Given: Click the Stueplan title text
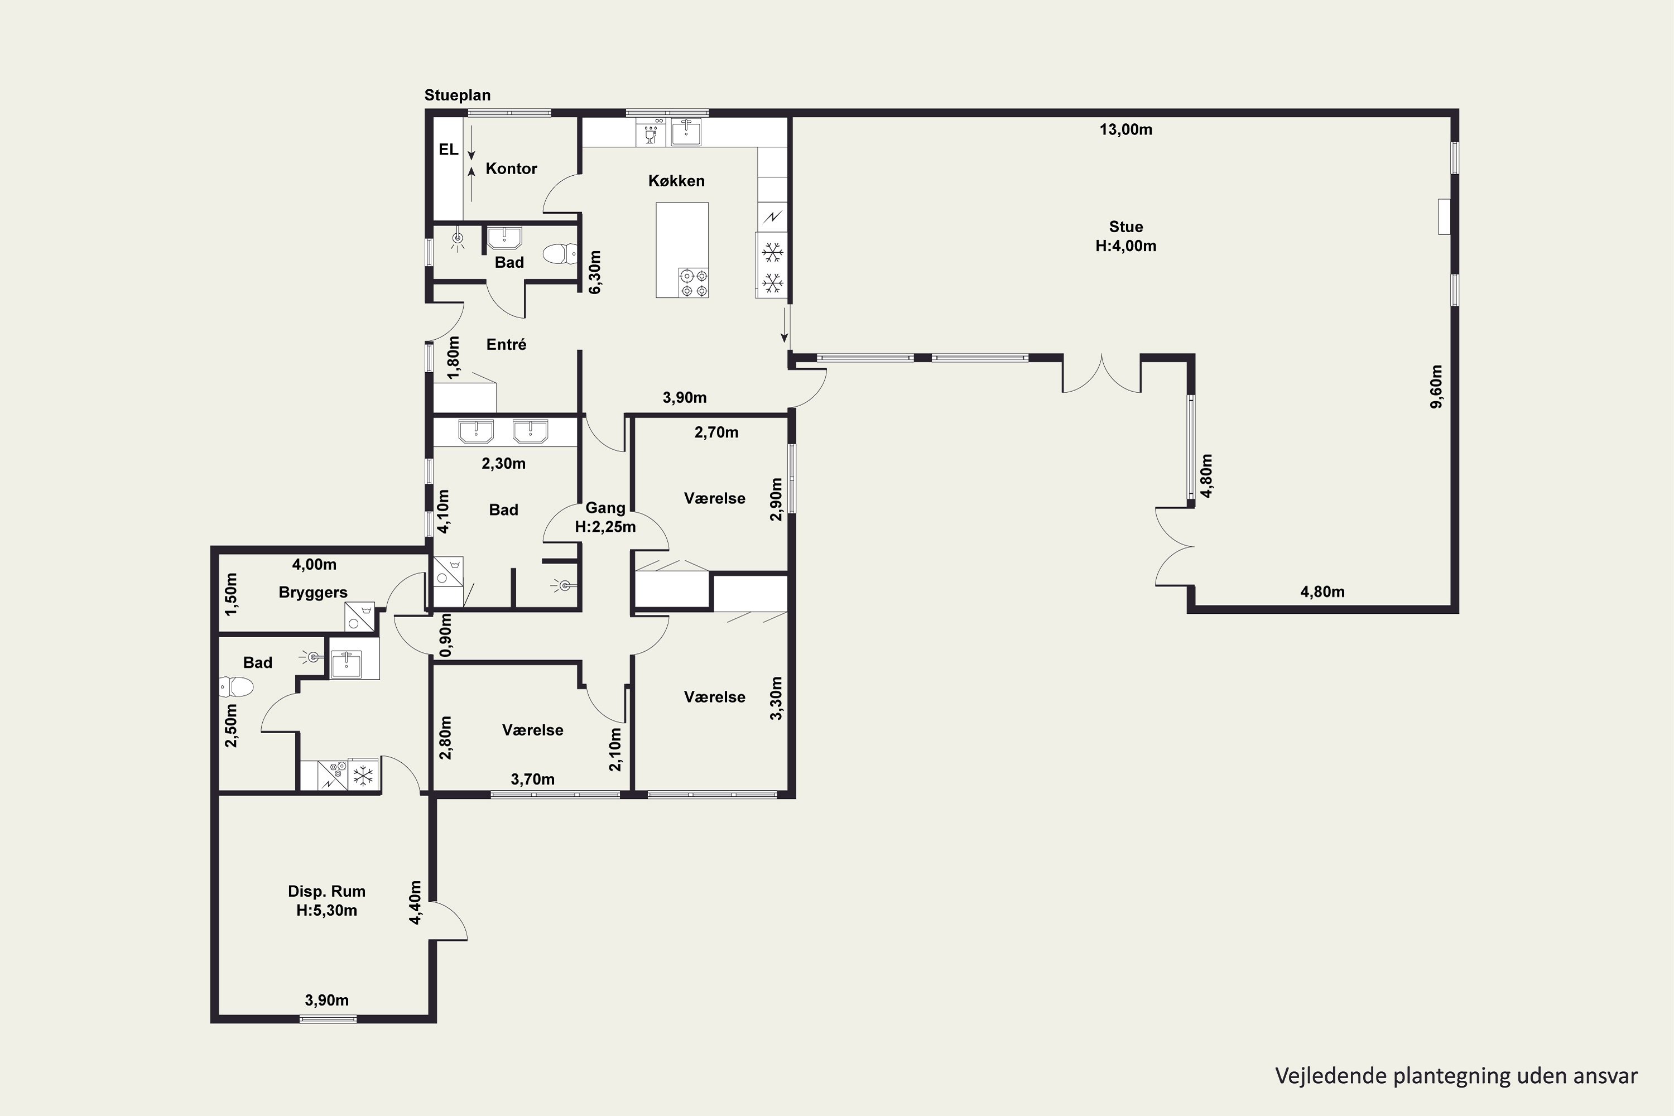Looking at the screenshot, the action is (457, 95).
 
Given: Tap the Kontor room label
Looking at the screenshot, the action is (511, 169).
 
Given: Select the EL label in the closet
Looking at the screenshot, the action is (448, 150).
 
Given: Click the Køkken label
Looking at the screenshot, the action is (676, 181).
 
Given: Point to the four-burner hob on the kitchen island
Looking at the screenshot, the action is (693, 282).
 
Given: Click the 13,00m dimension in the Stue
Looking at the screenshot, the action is (1126, 129).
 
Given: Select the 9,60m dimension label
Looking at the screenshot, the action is (1436, 387).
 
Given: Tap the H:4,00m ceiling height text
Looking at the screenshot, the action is (1126, 246).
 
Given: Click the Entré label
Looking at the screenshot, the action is (506, 344).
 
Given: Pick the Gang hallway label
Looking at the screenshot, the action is (605, 508).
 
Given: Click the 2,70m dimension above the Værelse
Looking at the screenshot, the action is (716, 432).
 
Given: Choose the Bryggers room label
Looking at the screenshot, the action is (313, 593).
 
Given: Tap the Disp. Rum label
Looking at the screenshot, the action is (326, 891).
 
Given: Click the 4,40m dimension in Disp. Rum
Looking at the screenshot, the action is (416, 902).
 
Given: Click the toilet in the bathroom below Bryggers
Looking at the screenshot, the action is (236, 687).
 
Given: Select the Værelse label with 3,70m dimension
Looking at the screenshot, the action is (532, 730).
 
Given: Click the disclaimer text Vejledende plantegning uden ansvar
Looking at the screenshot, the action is (1456, 1075).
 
